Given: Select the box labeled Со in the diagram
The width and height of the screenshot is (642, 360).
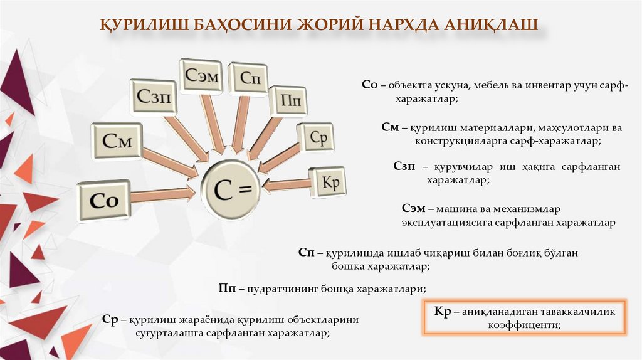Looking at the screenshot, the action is click(104, 200).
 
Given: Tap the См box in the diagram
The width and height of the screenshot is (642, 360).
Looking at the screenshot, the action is click(117, 142).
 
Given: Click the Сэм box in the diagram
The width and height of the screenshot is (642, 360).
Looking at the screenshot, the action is click(201, 76).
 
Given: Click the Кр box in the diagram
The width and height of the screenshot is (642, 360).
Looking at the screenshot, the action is click(328, 182).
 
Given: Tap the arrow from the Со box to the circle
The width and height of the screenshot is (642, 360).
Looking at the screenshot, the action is click(164, 194).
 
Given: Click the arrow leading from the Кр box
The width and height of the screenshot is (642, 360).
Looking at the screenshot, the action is click(287, 186).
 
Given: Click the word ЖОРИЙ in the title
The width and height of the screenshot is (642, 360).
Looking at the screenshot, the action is click(327, 26).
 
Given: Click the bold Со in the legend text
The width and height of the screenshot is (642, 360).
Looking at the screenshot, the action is click(369, 85).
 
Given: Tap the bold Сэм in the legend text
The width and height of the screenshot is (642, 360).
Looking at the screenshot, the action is click(413, 208).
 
